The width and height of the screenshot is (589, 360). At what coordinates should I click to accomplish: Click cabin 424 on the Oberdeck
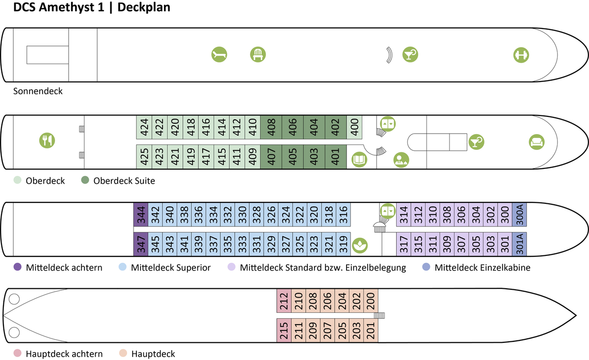tap(144, 128)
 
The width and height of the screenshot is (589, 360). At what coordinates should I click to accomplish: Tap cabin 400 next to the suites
tap(354, 128)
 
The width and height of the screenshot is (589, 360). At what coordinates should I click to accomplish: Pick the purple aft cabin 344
tap(141, 215)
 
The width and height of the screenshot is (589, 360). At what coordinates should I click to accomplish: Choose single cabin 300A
tap(519, 215)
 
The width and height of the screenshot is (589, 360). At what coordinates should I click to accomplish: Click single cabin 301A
tap(519, 244)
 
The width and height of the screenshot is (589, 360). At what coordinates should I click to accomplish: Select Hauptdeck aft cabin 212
tap(284, 301)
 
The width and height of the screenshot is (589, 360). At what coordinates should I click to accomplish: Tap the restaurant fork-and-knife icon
tap(47, 140)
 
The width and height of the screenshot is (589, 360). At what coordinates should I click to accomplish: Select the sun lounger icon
tap(219, 55)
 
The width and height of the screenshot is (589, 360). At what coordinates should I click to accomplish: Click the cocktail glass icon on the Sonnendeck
tap(410, 55)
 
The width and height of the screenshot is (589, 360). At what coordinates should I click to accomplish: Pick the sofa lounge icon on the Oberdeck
tap(536, 142)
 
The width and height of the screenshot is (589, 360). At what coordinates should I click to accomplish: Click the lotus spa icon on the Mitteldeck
tap(361, 244)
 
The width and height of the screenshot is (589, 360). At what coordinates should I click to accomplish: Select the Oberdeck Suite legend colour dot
tap(85, 181)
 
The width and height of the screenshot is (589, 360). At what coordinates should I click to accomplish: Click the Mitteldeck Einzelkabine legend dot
tap(426, 268)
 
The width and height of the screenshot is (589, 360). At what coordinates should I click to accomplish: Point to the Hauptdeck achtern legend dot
tap(18, 354)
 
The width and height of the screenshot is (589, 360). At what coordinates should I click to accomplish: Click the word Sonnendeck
tap(38, 91)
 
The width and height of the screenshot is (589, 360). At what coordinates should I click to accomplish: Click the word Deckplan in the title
tap(143, 8)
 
